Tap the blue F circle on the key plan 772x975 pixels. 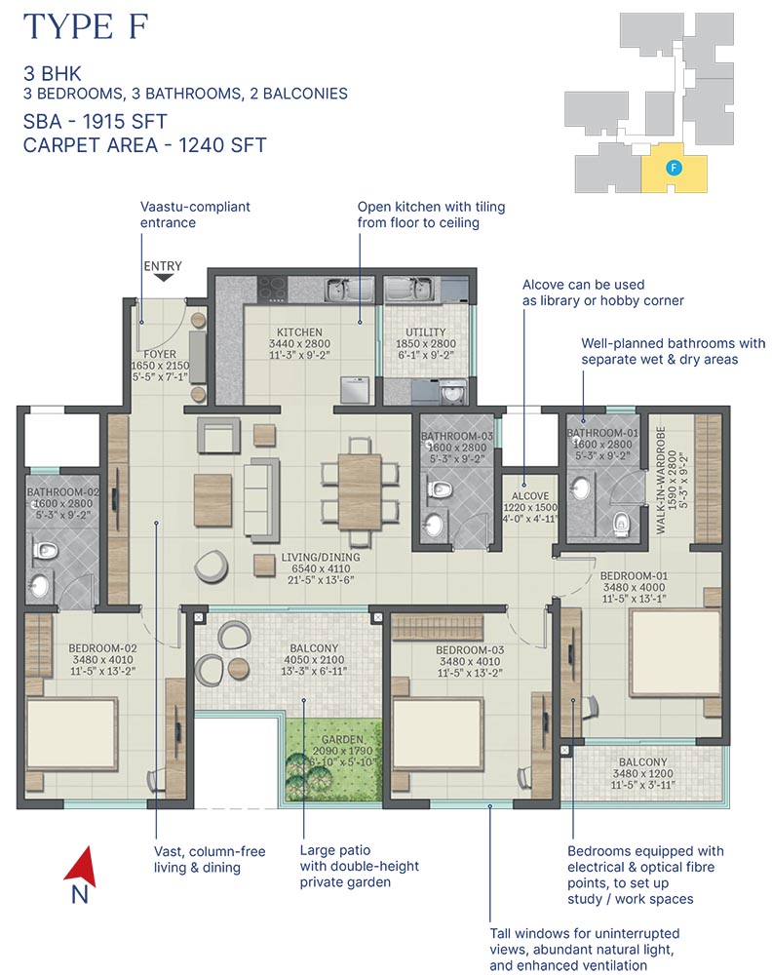point(672,168)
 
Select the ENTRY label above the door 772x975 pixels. point(163,265)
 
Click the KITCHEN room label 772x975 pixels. point(298,332)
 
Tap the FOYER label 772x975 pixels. point(159,355)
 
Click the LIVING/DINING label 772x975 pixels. point(321,558)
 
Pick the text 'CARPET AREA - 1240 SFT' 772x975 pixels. point(145,145)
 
